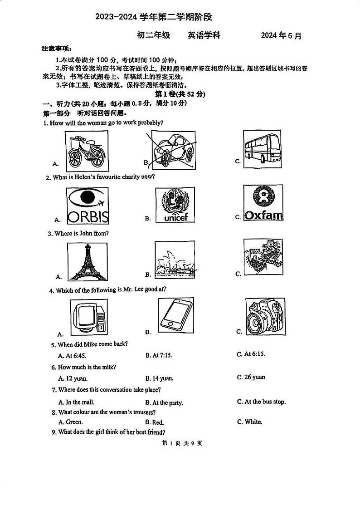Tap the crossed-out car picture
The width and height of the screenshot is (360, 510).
click(x=172, y=150)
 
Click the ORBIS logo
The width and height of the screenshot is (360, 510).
click(x=88, y=206)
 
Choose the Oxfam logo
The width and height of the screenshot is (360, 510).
click(x=263, y=203)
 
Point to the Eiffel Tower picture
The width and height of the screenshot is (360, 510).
click(x=88, y=262)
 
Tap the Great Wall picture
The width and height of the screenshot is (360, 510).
click(x=263, y=257)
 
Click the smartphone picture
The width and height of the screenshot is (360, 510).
click(x=175, y=314)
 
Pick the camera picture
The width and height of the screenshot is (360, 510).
click(x=265, y=316)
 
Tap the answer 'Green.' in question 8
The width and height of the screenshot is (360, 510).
click(x=70, y=422)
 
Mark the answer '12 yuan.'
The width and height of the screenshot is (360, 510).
click(x=73, y=378)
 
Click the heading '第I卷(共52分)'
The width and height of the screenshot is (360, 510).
click(x=180, y=94)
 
